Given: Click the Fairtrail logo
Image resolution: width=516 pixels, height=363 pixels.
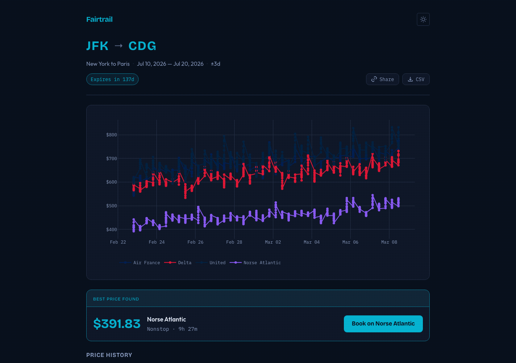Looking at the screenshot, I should point(99,19).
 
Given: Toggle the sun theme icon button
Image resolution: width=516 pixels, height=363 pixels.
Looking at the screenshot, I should point(423,19).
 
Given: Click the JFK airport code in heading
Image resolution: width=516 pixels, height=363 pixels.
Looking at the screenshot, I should point(98,46).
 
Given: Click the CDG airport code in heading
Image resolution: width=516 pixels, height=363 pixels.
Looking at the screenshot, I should point(142,46).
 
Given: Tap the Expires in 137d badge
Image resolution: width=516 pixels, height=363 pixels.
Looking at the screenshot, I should point(112,79).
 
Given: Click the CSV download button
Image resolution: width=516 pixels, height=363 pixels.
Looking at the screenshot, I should point(416,79).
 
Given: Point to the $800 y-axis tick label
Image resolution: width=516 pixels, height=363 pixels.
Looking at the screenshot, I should point(111,135).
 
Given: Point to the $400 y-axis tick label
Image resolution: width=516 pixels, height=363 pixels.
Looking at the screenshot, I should point(111,229).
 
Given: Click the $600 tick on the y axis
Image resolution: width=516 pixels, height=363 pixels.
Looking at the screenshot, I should point(111,182).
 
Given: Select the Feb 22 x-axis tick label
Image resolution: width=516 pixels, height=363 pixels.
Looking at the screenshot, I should point(118,242).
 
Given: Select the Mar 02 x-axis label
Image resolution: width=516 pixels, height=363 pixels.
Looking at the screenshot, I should point(273,242).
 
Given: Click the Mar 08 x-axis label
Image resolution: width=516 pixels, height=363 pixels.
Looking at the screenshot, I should point(389,242).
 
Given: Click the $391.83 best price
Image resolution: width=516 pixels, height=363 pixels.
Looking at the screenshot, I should point(117,324).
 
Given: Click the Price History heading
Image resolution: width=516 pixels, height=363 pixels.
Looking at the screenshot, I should point(109,355).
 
